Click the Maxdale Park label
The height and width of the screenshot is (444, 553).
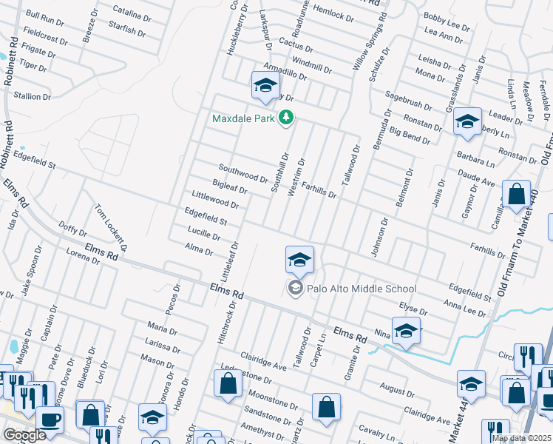click(x=244, y=118)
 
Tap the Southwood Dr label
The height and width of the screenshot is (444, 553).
click(x=242, y=173)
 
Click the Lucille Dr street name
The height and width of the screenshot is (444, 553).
click(x=205, y=235)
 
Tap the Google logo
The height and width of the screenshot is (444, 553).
click(x=24, y=435)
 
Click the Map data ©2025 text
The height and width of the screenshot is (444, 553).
click(x=522, y=438)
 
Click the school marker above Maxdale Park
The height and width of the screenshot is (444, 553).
click(x=265, y=85)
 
